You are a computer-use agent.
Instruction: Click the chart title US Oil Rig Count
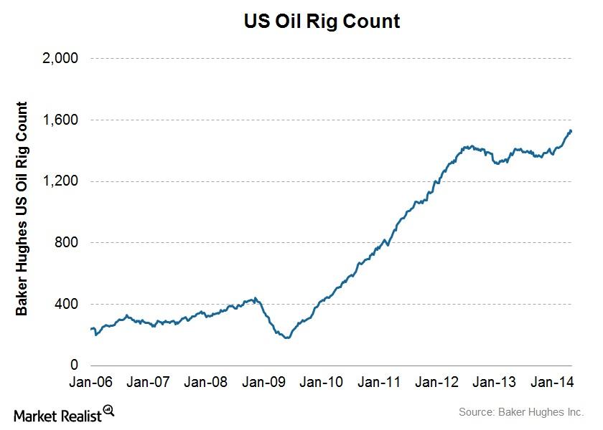322,22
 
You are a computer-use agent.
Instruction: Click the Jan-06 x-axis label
93,383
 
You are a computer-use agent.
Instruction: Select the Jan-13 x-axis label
495,383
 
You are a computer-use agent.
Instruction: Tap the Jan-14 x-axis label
551,383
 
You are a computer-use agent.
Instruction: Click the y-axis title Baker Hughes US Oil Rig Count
22,209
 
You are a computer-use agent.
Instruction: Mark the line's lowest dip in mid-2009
288,337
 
